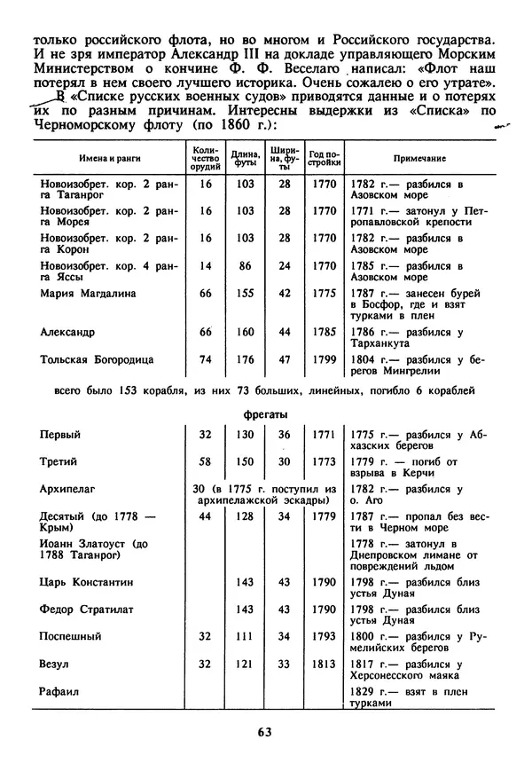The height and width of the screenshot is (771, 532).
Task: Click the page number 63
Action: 264,732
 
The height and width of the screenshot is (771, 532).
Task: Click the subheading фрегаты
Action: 265,413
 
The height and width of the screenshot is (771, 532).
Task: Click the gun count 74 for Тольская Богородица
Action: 206,359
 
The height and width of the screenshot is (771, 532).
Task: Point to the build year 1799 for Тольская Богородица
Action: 325,359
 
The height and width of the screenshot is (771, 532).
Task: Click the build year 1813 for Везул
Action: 325,663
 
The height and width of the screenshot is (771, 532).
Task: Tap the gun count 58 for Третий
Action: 206,461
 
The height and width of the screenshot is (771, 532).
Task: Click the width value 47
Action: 285,359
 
